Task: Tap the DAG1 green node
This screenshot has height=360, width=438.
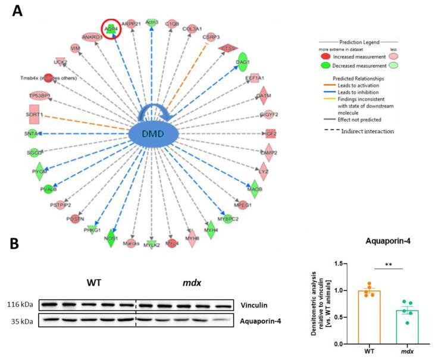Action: point(242,61)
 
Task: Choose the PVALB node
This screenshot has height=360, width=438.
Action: point(48,190)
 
